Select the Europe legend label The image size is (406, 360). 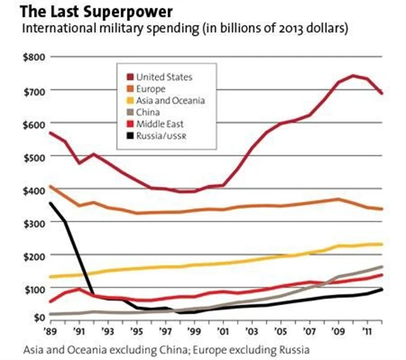152,89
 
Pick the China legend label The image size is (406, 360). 149,112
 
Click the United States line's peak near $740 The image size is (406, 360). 354,76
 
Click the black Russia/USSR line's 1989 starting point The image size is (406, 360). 49,203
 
